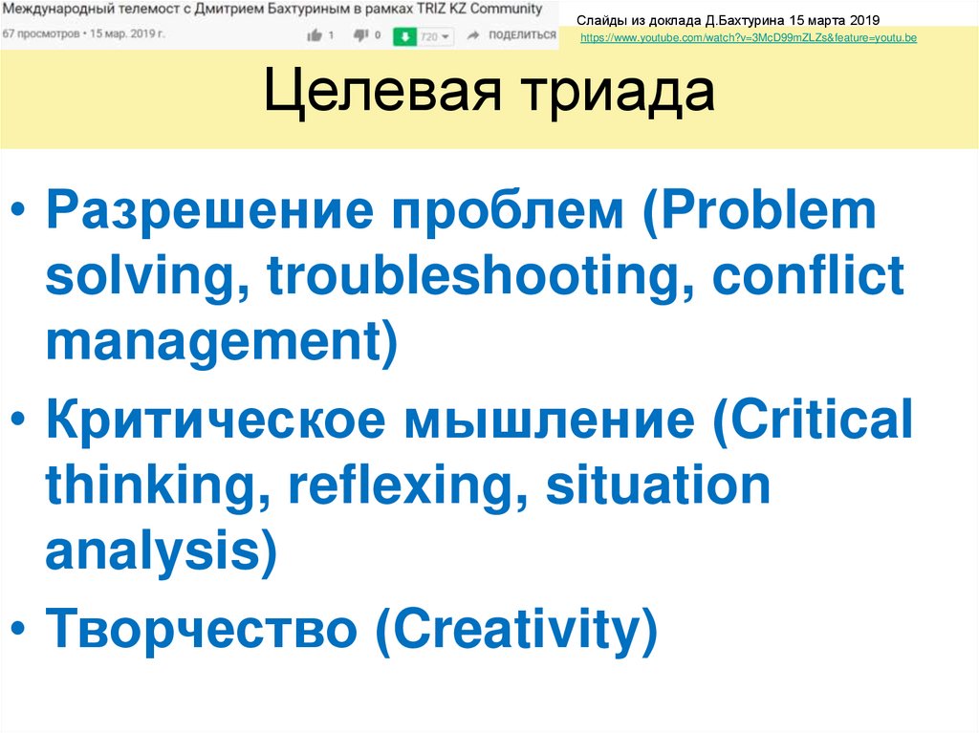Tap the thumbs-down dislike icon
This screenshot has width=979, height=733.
point(360,35)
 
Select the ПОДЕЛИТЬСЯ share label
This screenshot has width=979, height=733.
point(521,35)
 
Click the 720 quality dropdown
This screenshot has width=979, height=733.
point(435,36)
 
